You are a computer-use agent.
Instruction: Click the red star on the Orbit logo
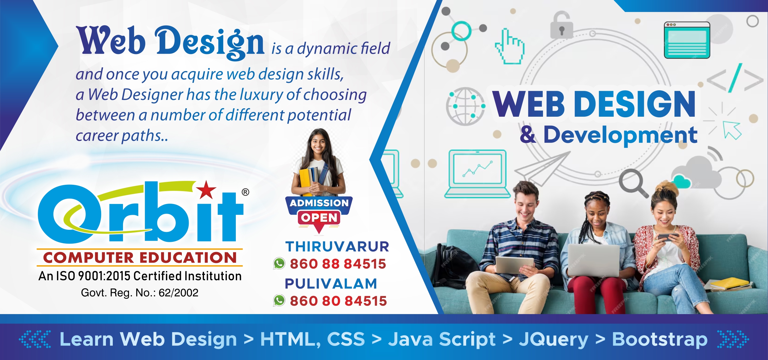coord(206,190)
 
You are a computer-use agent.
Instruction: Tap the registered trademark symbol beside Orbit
coord(245,192)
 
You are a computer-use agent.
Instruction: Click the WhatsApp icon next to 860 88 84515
coord(279,264)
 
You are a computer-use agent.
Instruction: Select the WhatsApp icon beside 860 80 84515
coord(279,301)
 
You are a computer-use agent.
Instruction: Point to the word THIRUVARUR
coord(337,247)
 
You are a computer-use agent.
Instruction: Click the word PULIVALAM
coord(331,283)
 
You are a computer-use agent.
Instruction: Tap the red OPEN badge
coord(319,218)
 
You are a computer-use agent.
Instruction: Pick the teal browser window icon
coord(687,40)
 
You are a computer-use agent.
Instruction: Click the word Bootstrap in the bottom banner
coord(660,339)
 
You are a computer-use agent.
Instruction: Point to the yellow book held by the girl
coord(305,182)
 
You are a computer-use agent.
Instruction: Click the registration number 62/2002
coord(178,292)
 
